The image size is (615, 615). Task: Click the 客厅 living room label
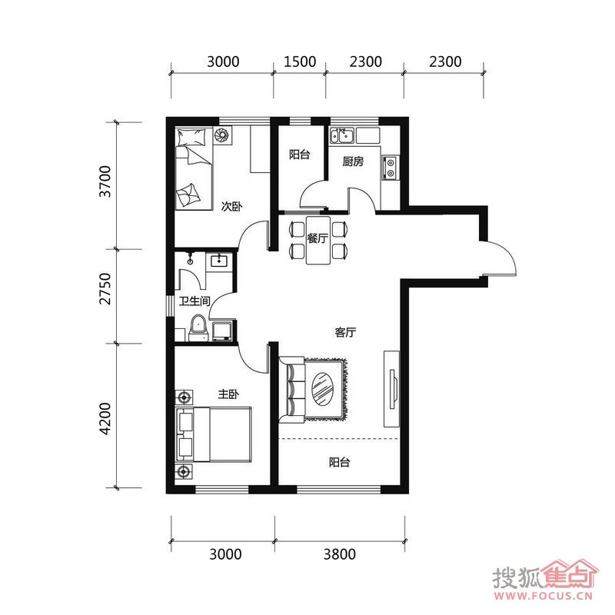click(345, 332)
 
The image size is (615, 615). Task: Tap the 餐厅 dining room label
click(317, 238)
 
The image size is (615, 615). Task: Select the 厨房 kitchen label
click(353, 161)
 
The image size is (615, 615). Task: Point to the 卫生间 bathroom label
click(194, 301)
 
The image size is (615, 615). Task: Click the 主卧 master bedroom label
click(228, 394)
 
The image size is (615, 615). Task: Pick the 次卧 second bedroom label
click(232, 206)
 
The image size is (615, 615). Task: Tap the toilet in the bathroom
click(198, 328)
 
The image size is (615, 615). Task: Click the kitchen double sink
click(341, 136)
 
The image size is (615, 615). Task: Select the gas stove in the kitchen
click(391, 168)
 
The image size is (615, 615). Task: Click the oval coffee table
click(323, 389)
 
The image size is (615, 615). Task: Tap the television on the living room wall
click(393, 389)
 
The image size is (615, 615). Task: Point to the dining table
click(318, 240)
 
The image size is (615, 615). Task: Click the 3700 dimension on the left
click(105, 181)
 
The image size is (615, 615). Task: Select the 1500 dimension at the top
click(300, 61)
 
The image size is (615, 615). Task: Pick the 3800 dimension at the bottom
click(340, 554)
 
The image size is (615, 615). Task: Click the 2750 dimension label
click(105, 289)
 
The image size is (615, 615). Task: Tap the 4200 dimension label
click(105, 418)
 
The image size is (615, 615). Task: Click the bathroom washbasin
click(219, 260)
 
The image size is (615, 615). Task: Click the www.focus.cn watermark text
click(543, 597)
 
